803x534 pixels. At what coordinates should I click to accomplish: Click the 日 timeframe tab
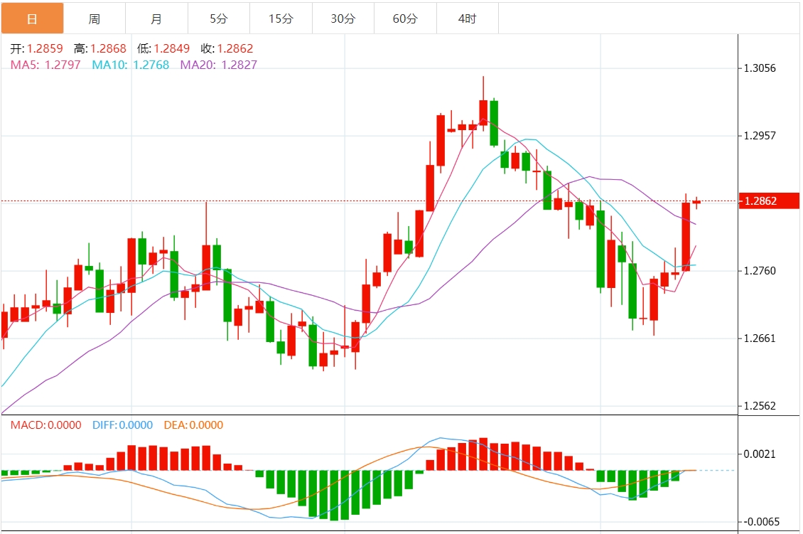tap(32, 18)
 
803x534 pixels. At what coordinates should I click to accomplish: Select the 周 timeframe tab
tap(95, 18)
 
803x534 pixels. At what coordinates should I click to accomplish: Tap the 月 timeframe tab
tap(156, 18)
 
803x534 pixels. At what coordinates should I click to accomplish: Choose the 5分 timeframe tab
tap(219, 18)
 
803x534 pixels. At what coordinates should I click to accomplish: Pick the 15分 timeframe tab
tap(281, 18)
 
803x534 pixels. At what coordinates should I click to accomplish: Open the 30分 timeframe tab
tap(343, 18)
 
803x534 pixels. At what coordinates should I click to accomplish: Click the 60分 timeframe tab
tap(405, 18)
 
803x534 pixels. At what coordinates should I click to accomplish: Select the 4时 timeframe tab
tap(467, 18)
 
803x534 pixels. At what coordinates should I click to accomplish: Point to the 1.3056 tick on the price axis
tap(760, 68)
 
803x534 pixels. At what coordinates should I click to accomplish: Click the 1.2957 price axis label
tap(760, 136)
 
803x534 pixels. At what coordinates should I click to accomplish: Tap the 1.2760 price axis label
tap(760, 271)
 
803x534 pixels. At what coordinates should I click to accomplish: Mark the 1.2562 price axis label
tap(760, 406)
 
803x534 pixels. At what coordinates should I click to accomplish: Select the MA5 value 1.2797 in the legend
tap(62, 65)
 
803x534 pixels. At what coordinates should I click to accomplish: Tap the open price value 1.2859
tap(45, 49)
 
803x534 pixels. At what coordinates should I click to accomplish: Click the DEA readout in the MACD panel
tap(193, 425)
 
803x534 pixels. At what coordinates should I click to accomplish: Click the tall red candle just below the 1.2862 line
tap(686, 237)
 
